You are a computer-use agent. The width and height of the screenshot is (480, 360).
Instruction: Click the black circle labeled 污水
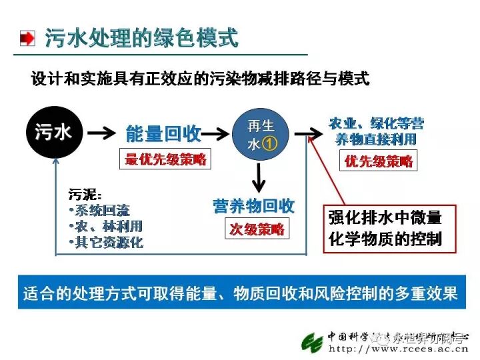53,132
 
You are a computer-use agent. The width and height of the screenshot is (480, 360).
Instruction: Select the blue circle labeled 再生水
257,133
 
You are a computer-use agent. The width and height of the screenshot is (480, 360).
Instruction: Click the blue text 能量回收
164,133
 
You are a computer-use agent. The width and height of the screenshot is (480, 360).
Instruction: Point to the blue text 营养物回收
253,206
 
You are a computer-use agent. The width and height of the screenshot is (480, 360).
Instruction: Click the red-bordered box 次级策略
257,229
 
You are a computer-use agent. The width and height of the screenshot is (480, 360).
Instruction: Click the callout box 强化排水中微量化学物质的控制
389,228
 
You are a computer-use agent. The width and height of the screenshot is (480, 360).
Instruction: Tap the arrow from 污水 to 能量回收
101,133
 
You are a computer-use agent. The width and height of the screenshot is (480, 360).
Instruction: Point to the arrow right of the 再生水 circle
307,133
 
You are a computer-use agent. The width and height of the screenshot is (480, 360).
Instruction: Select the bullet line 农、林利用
106,227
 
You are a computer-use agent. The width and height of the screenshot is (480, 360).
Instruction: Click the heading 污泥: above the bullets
85,195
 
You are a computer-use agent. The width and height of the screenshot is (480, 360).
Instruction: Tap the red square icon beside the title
27,38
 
